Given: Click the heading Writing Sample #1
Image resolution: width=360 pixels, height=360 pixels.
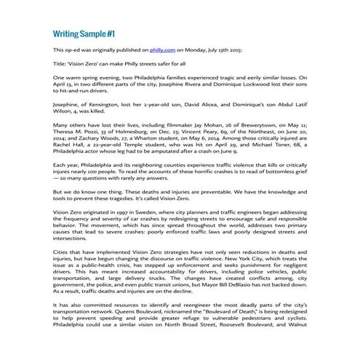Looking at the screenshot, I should (x=84, y=34).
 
